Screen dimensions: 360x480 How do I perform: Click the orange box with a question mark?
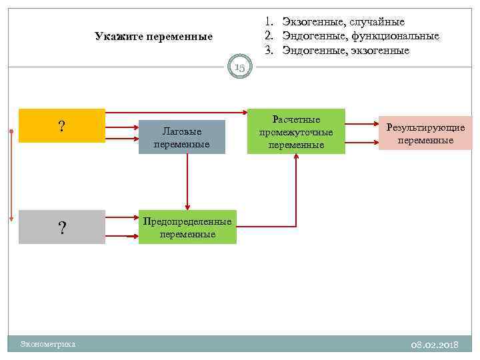click(62, 126)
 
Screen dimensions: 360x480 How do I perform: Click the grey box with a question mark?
click(62, 227)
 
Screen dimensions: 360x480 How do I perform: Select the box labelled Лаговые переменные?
click(181, 137)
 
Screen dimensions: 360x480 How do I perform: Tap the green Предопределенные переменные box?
click(187, 227)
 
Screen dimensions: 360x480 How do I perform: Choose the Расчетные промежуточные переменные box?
click(296, 131)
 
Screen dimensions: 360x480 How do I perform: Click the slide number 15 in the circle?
click(239, 67)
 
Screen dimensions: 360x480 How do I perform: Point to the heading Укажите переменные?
click(153, 36)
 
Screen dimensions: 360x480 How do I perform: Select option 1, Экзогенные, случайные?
click(343, 22)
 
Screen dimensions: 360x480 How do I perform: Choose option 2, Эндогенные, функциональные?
click(360, 36)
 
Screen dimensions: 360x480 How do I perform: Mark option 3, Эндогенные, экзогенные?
click(345, 50)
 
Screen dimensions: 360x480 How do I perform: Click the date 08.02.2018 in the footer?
click(435, 344)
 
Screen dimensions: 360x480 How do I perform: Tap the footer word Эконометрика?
click(48, 344)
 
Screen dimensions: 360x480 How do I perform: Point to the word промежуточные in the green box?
click(296, 132)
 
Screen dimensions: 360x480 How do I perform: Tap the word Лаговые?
click(182, 132)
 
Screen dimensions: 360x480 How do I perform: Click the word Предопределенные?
click(187, 222)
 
